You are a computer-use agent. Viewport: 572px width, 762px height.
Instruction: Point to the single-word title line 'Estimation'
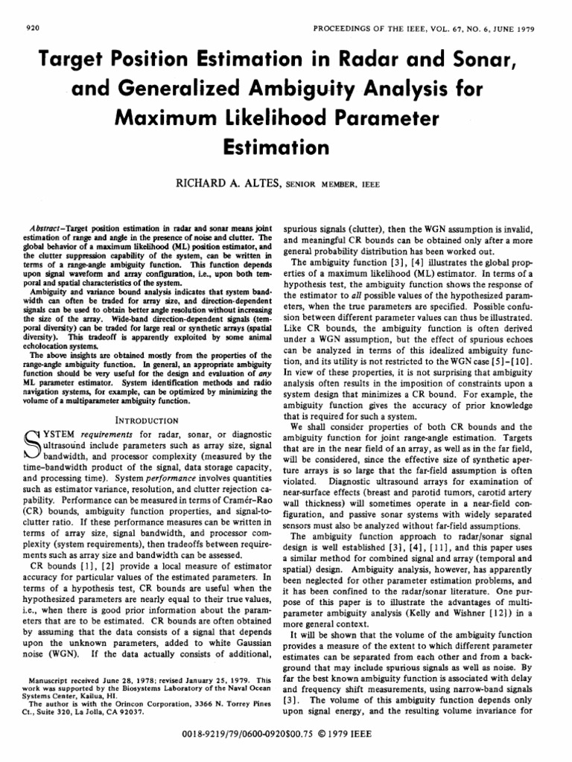[285, 147]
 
